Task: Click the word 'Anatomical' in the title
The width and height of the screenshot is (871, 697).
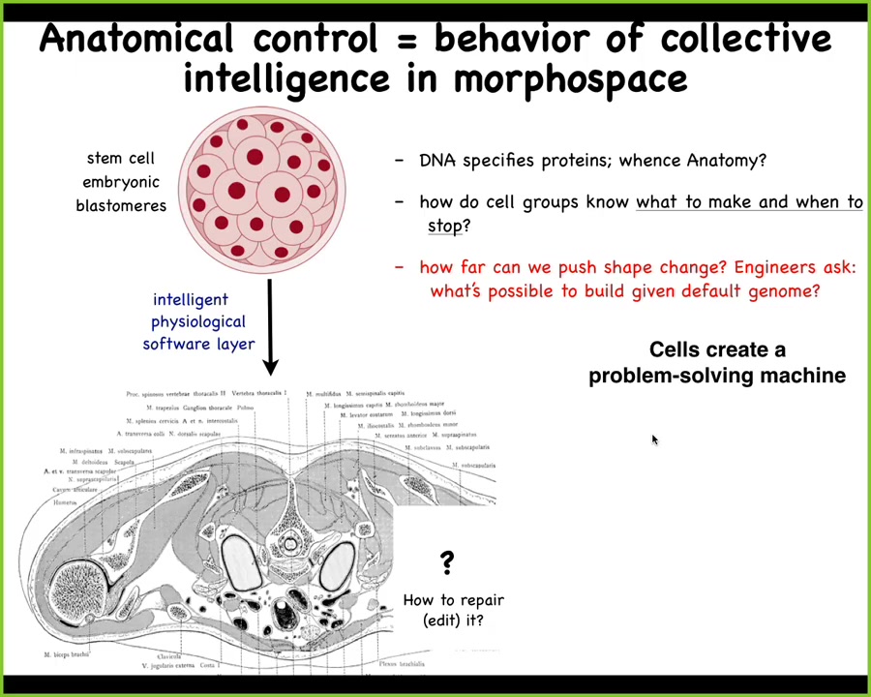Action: tap(136, 40)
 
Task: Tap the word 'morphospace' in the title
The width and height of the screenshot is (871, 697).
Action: tap(570, 79)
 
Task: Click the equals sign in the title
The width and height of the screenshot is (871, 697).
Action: tap(405, 41)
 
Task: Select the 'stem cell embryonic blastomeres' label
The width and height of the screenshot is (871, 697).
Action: tap(120, 182)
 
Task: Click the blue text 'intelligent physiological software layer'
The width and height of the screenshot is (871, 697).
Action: tap(198, 321)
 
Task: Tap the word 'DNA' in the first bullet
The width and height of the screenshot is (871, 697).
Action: tap(437, 161)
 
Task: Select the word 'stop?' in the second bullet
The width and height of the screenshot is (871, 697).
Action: tap(449, 226)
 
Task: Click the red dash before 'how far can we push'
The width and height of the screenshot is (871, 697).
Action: tap(399, 267)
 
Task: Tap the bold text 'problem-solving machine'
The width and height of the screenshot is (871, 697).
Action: tap(717, 376)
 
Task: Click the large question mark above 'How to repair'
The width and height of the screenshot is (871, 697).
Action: tap(446, 562)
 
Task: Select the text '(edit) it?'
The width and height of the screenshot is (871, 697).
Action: tap(453, 621)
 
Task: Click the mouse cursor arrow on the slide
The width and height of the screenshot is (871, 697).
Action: tap(654, 440)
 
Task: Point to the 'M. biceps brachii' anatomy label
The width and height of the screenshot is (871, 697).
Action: tap(66, 654)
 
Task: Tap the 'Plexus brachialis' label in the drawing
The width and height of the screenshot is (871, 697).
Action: tap(402, 664)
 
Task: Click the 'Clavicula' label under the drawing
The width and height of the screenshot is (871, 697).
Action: tap(169, 656)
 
